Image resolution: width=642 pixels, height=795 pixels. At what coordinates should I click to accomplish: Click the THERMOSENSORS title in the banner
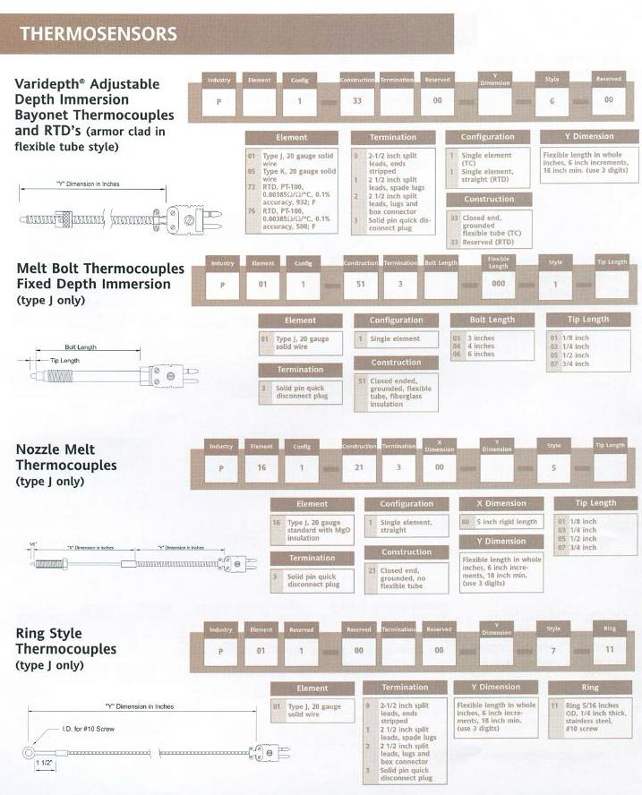click(98, 35)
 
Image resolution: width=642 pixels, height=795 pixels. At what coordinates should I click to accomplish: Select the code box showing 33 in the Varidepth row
click(357, 101)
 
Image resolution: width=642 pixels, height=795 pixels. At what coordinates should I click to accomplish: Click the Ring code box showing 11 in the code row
click(609, 648)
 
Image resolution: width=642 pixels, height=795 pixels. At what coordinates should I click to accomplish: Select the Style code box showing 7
click(552, 649)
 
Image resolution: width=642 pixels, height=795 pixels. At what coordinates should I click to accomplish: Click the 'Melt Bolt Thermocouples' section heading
click(100, 269)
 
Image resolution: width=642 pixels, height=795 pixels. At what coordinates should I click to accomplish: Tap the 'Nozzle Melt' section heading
click(56, 449)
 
